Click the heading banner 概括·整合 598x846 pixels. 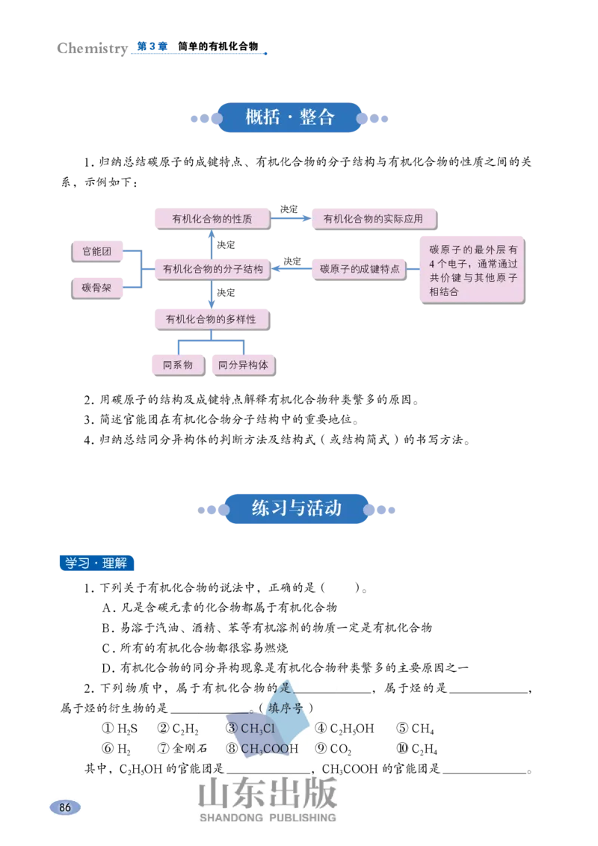click(290, 118)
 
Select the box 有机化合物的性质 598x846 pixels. click(212, 219)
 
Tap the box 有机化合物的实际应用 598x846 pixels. click(373, 219)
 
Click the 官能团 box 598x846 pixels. click(96, 252)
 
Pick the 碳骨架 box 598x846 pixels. click(96, 287)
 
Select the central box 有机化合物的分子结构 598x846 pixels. click(212, 268)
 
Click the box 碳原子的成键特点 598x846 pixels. click(360, 268)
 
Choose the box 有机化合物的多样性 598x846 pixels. click(211, 319)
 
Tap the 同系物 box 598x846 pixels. click(177, 365)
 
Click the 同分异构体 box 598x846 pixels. click(243, 365)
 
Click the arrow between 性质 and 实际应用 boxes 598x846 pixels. click(292, 219)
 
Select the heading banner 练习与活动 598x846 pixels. click(297, 509)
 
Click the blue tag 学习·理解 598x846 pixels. click(96, 563)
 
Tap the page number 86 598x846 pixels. click(65, 808)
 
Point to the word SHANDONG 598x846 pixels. click(231, 818)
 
